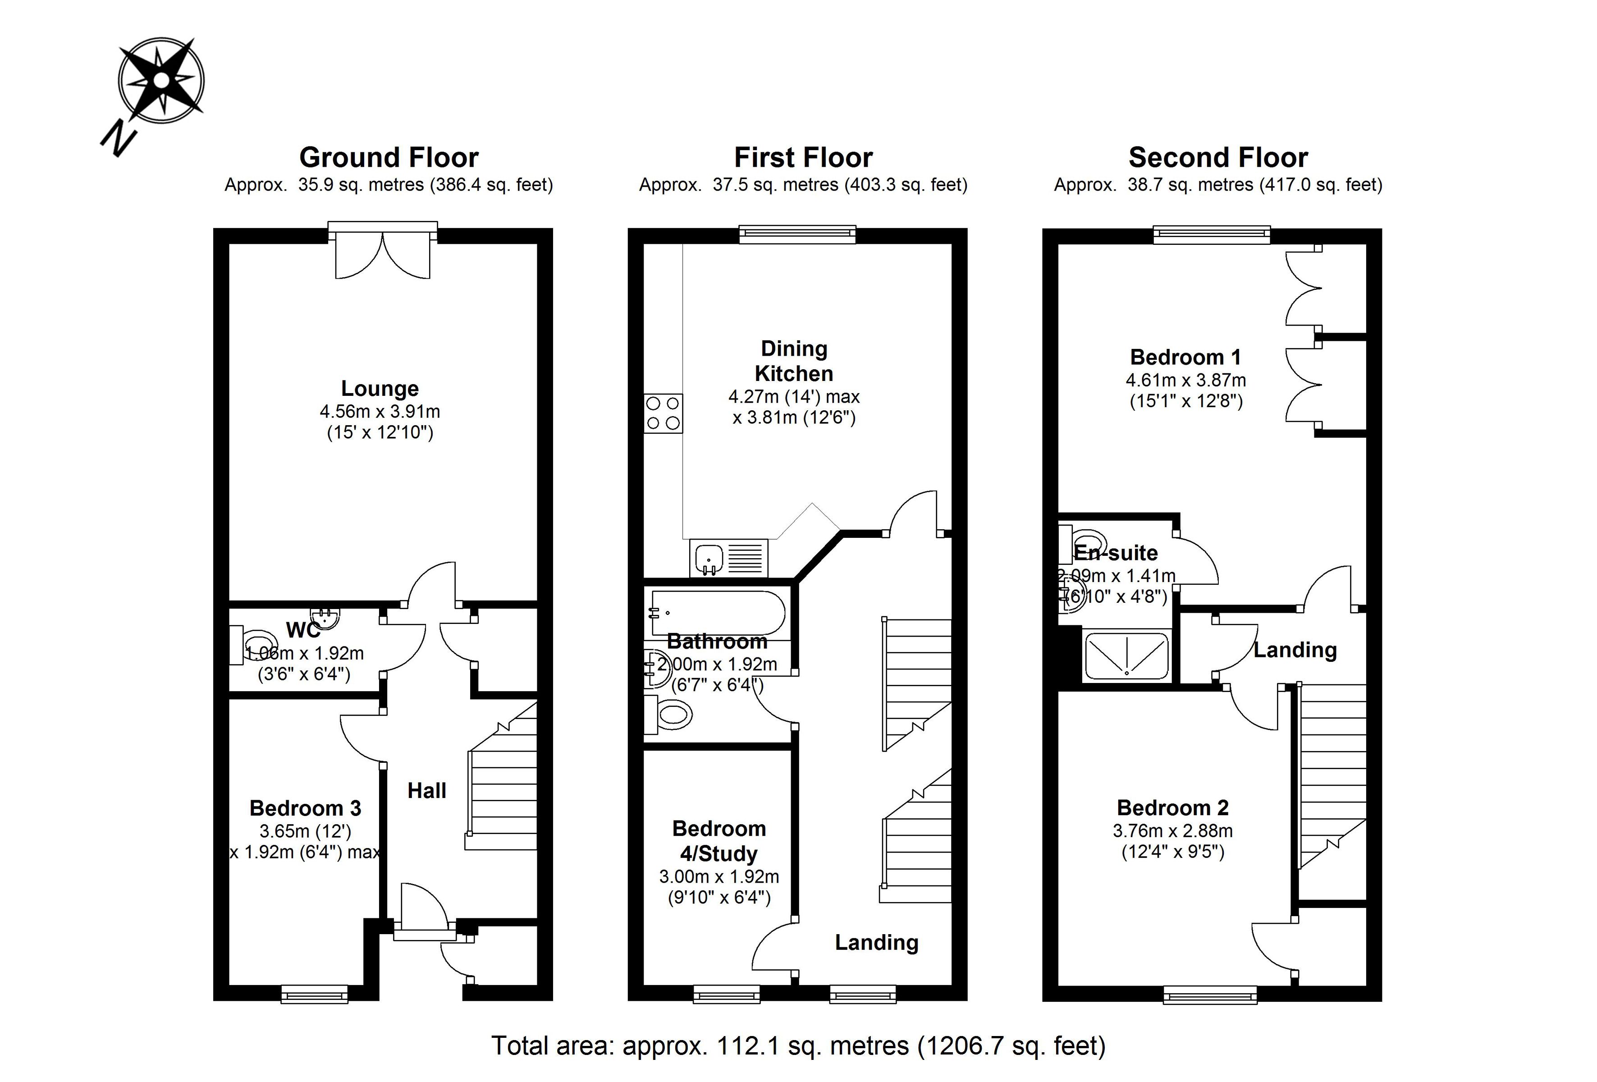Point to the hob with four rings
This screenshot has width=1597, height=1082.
[x=663, y=413]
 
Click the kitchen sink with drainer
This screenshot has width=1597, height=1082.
[x=728, y=558]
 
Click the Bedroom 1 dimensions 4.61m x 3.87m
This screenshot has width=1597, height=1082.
[x=1185, y=380]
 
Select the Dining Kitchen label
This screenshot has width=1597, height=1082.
[x=794, y=361]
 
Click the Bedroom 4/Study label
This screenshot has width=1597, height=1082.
[x=719, y=841]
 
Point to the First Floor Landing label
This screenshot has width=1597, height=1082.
[x=876, y=942]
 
